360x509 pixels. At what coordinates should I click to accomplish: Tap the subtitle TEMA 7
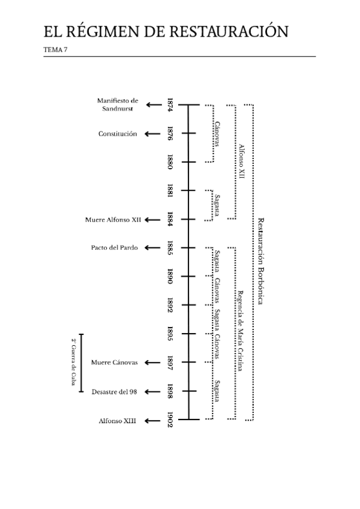(x=56, y=50)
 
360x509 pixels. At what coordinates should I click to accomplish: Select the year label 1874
(x=170, y=105)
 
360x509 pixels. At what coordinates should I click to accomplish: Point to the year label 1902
(x=170, y=419)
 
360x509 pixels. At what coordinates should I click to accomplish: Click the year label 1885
(x=170, y=247)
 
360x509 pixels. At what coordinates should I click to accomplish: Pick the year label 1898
(x=170, y=391)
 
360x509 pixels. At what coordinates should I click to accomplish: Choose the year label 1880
(x=170, y=162)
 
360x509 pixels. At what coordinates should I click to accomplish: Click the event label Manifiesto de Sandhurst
(x=118, y=105)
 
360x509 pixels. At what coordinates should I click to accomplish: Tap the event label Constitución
(x=118, y=134)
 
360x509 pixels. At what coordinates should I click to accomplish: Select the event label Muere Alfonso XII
(x=113, y=220)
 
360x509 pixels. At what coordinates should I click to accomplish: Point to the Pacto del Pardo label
(x=115, y=247)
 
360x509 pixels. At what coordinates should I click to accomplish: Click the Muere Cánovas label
(x=115, y=363)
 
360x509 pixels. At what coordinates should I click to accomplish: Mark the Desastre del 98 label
(x=115, y=391)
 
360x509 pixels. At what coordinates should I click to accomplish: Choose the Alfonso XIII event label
(x=118, y=421)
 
